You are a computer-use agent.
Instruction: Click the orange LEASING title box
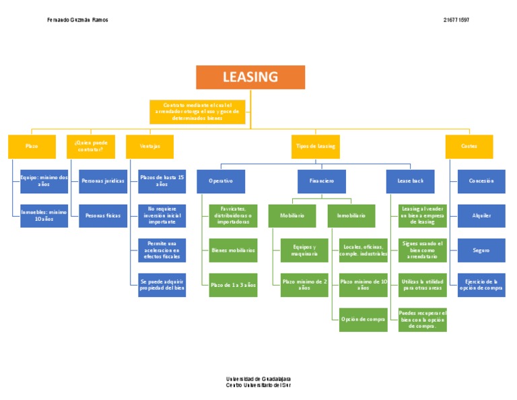tap(250, 77)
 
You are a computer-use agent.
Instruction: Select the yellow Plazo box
tap(32, 146)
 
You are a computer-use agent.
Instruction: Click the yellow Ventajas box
tap(149, 146)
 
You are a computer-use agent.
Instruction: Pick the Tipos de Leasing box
tap(316, 146)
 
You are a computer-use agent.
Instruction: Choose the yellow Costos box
tap(469, 146)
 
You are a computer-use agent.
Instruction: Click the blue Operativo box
tap(221, 181)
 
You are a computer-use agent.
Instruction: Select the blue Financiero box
tap(322, 181)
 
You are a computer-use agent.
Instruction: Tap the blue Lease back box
tap(410, 181)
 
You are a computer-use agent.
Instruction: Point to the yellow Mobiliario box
tap(287, 215)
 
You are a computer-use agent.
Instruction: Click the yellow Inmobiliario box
tap(351, 215)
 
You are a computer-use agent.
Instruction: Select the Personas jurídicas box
tap(103, 181)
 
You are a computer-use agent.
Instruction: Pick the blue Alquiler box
tap(481, 215)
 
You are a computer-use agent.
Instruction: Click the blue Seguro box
tap(481, 251)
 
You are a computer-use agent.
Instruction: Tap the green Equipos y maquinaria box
tap(304, 251)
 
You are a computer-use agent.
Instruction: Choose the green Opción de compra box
tap(364, 320)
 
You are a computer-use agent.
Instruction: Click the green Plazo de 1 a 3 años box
tap(233, 285)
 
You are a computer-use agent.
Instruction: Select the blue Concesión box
tap(481, 181)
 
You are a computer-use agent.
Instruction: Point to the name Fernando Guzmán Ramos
tap(77, 20)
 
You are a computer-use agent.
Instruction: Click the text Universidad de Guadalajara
tap(258, 379)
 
